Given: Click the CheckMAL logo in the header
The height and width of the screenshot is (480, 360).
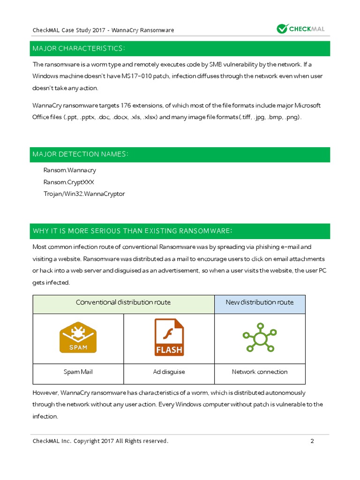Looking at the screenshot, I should [300, 29].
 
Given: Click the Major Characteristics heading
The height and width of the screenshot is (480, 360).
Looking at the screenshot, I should [78, 49].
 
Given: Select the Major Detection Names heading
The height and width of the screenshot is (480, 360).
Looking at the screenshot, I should [81, 154].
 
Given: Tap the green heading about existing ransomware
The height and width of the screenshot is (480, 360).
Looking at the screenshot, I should [133, 231].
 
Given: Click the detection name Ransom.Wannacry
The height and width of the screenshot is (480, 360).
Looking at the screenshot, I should [69, 170].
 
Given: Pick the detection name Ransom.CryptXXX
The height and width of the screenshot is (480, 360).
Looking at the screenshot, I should [72, 182].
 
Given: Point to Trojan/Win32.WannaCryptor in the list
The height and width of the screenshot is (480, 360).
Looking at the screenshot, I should [84, 194].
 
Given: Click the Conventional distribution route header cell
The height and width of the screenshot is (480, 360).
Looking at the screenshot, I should [123, 302].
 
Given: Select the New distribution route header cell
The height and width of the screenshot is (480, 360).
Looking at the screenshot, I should [260, 302].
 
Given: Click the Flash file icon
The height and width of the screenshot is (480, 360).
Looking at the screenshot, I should [169, 337].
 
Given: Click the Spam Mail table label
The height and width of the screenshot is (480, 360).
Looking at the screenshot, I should [78, 372].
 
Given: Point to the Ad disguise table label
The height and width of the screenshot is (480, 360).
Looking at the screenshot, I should [169, 372].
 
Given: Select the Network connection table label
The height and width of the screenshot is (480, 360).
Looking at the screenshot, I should [260, 372].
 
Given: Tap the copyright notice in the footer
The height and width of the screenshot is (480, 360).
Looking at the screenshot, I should [100, 441].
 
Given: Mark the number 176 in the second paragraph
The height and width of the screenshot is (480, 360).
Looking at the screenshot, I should [127, 105].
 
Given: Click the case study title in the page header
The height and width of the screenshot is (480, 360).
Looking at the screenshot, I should [103, 30].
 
